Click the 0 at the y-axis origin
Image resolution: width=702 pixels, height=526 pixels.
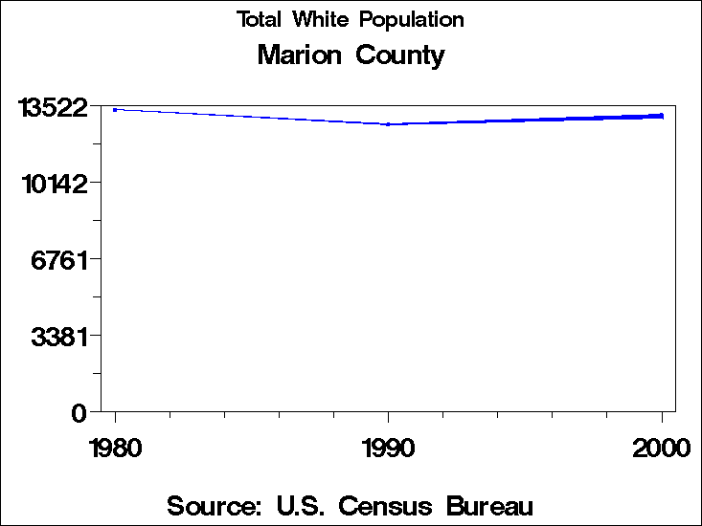point(80,413)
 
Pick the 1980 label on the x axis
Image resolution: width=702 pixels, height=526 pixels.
point(115,448)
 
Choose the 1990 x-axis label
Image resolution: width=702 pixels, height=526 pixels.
point(388,448)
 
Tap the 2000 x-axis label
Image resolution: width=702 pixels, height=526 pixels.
point(661,448)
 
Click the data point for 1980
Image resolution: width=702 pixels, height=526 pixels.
point(115,110)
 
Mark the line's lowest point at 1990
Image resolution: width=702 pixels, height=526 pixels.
point(388,124)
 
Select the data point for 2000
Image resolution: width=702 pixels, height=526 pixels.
point(661,116)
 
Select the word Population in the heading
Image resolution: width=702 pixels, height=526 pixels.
point(411,20)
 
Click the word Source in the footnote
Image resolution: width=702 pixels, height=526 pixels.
point(214,505)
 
